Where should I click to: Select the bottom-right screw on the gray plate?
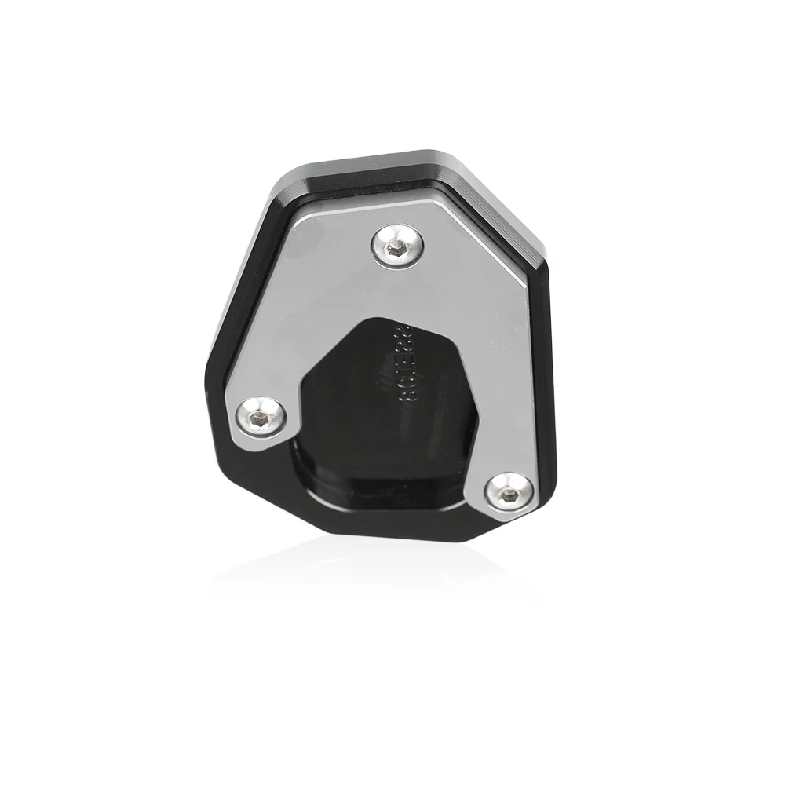507,491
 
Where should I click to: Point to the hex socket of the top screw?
397,245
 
